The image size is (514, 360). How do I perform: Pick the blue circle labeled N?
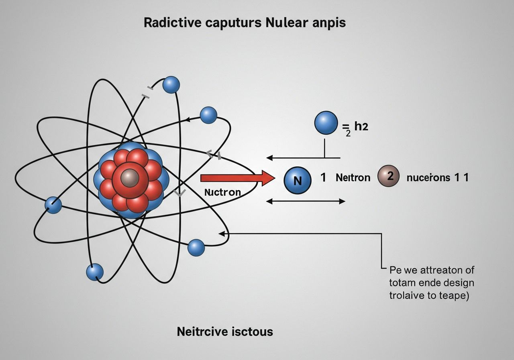(298, 180)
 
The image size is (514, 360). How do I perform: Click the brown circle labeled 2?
(389, 176)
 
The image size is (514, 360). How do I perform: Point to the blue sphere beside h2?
(326, 123)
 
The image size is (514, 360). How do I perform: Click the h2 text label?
(361, 127)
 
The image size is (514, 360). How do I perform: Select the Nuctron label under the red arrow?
(222, 192)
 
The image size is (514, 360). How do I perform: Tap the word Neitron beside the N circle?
(353, 177)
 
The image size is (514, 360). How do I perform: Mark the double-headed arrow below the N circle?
(306, 201)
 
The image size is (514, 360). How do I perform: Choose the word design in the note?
(457, 282)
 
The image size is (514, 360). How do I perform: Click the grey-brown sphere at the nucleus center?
(130, 177)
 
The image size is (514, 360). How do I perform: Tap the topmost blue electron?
(171, 85)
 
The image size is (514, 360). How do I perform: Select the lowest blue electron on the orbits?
(95, 272)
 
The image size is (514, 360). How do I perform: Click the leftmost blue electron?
(53, 205)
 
